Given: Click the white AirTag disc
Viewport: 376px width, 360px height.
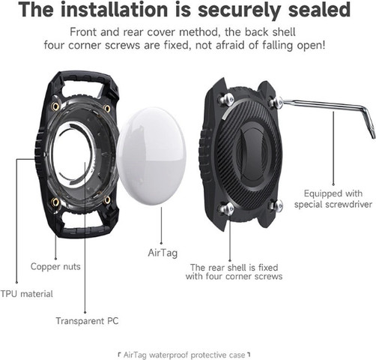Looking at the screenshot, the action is tap(151, 157).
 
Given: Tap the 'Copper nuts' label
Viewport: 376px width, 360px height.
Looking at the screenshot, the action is tap(55, 266).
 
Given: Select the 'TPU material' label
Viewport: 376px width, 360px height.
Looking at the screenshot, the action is tap(26, 294).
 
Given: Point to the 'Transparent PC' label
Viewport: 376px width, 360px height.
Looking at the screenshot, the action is tap(87, 321).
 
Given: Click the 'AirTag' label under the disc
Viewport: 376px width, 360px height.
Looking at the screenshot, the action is tap(163, 253).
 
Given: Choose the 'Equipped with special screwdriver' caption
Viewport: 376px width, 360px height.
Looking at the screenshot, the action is tap(333, 199).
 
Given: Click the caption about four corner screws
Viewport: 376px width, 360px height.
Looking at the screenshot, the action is tap(234, 271).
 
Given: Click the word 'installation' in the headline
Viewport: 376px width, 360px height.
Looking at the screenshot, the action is tap(115, 10).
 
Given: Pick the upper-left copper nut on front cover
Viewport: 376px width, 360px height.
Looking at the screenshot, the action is tap(55, 106).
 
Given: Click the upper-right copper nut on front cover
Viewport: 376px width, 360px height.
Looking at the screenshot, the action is tap(107, 108).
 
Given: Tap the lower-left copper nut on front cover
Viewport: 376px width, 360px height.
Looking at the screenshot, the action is tap(55, 202).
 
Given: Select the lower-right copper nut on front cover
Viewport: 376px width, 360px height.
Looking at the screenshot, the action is tap(107, 199).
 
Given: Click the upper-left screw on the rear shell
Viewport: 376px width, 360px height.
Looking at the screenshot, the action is tap(227, 100).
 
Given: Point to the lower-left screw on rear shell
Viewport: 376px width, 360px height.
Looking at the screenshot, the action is tap(227, 209).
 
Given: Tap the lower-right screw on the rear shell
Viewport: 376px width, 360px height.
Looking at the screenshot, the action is tap(277, 205).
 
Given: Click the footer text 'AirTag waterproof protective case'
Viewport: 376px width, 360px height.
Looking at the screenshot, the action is tap(184, 355).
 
